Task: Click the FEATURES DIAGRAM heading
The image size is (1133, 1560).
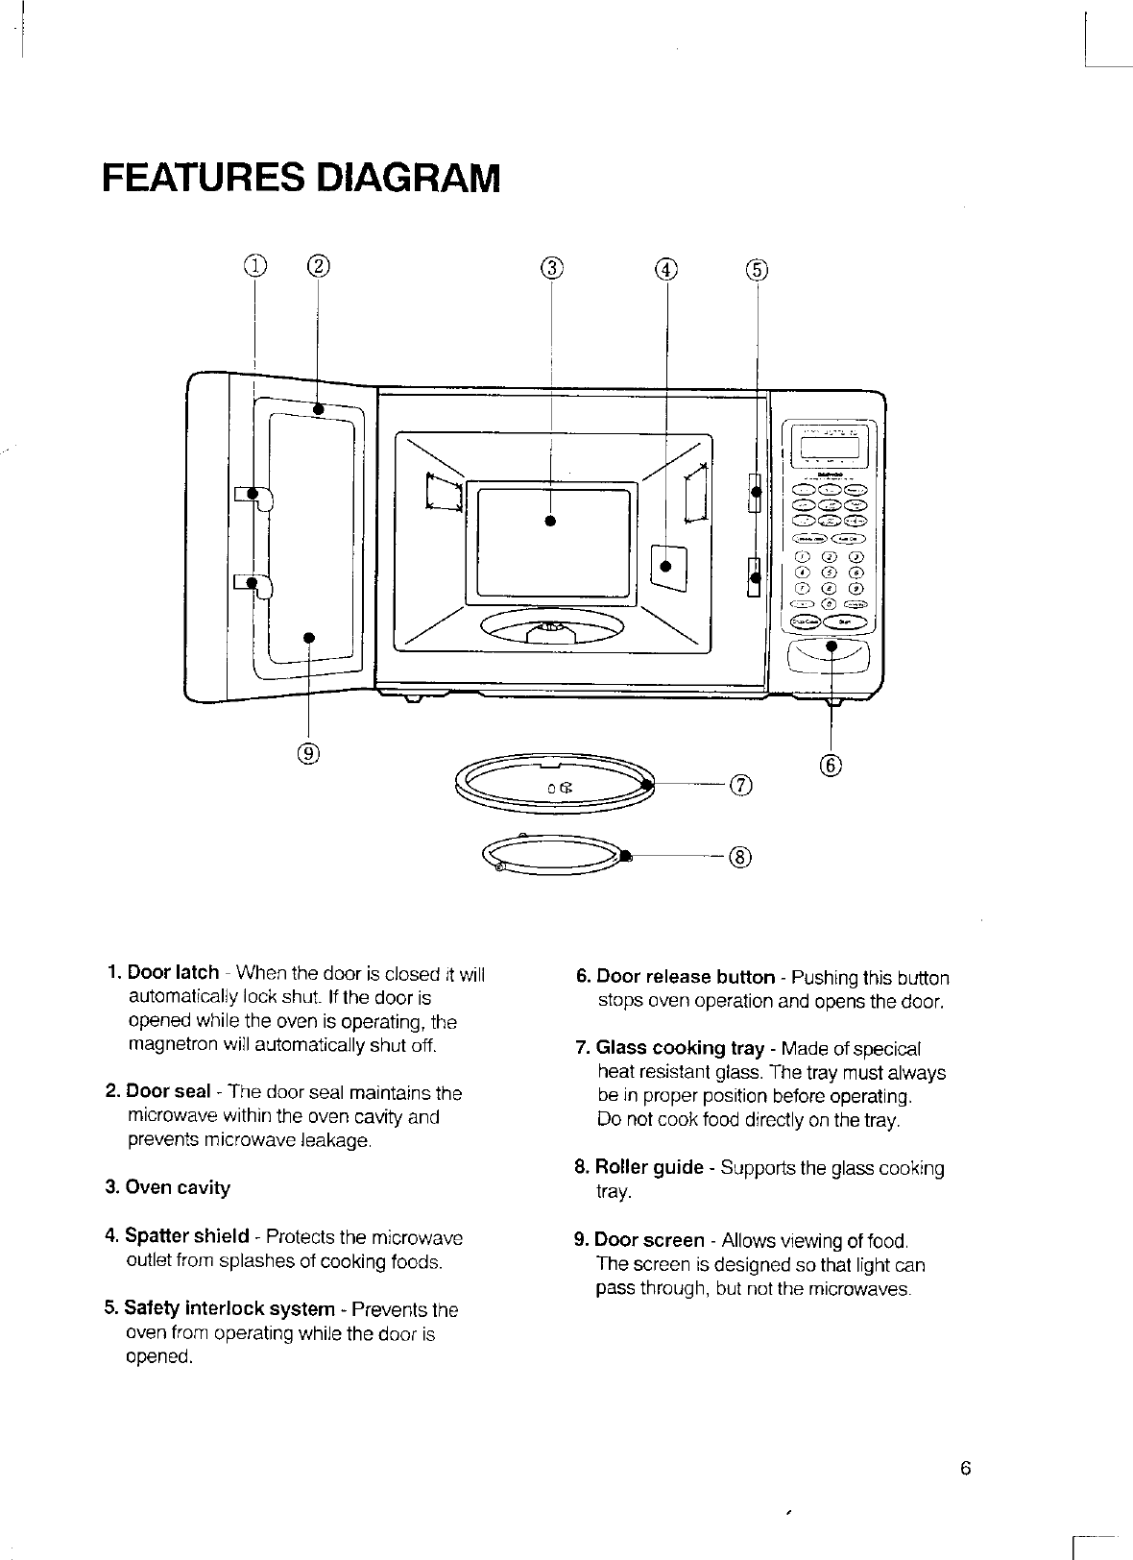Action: [301, 179]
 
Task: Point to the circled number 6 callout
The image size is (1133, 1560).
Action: [832, 765]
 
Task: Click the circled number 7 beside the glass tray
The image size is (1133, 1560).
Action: [739, 785]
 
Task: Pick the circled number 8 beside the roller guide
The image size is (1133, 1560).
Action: [739, 856]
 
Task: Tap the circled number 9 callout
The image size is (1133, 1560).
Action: [307, 753]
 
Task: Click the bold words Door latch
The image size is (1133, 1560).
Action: [173, 973]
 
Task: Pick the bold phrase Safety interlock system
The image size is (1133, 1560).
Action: [230, 1308]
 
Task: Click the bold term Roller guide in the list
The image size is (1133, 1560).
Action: [650, 1168]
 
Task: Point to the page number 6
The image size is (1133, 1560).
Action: [965, 1469]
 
